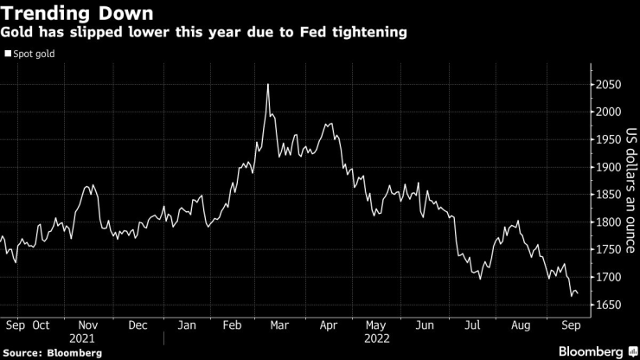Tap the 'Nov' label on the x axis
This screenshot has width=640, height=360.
tap(88, 326)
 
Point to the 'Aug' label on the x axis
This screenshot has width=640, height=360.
tap(522, 326)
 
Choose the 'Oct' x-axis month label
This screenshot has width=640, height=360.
tap(41, 326)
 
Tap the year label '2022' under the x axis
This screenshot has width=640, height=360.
tap(376, 340)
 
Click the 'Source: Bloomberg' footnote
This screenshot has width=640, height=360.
tap(51, 353)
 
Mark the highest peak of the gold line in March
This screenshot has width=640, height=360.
tap(268, 84)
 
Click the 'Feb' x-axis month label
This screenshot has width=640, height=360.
tap(231, 326)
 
